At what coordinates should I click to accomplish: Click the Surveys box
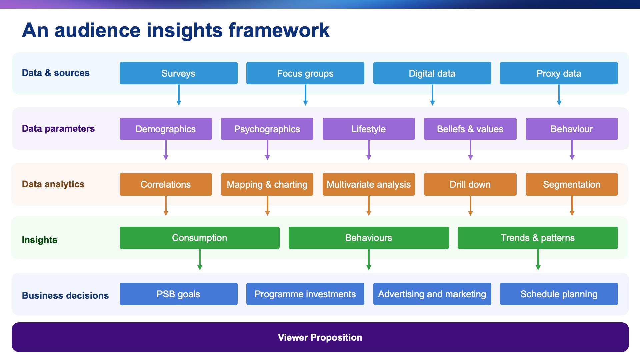[x=178, y=73]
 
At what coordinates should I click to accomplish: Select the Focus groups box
[x=305, y=73]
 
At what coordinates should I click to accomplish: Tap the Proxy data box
[x=559, y=73]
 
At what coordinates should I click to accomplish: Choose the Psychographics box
[x=267, y=129]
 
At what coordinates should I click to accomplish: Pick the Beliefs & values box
[x=470, y=129]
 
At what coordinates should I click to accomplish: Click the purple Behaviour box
[x=572, y=129]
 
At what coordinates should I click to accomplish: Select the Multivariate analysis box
[x=369, y=184]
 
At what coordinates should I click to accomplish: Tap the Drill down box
[x=470, y=184]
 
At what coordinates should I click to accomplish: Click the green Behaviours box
[x=369, y=238]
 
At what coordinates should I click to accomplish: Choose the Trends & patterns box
[x=538, y=238]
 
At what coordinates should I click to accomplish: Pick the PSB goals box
[x=178, y=294]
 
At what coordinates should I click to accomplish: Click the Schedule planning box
[x=559, y=294]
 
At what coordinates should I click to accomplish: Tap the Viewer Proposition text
[x=320, y=337]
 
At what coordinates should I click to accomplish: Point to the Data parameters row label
[x=58, y=129]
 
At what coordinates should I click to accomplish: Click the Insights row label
[x=40, y=240]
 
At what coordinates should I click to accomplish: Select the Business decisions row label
[x=65, y=295]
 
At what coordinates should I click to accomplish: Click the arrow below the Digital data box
[x=432, y=95]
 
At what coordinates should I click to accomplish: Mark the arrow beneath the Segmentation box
[x=572, y=206]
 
